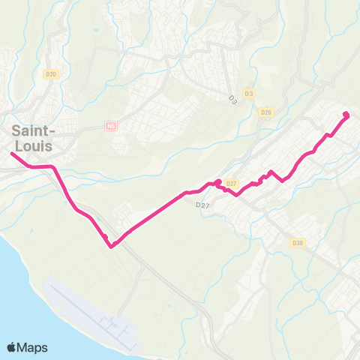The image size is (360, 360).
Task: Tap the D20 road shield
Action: tap(51, 73)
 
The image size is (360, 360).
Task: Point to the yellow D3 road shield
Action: tap(250, 94)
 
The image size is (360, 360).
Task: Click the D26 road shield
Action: tap(265, 112)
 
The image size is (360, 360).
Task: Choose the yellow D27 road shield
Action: tap(231, 184)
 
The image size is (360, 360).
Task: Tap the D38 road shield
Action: tap(297, 243)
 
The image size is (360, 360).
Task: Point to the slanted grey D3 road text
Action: tap(232, 99)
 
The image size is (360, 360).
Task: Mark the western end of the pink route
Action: tap(12, 154)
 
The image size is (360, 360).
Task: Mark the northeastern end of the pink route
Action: tap(346, 114)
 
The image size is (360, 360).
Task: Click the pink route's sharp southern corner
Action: tap(111, 245)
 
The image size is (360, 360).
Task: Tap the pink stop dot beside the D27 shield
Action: tap(217, 182)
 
